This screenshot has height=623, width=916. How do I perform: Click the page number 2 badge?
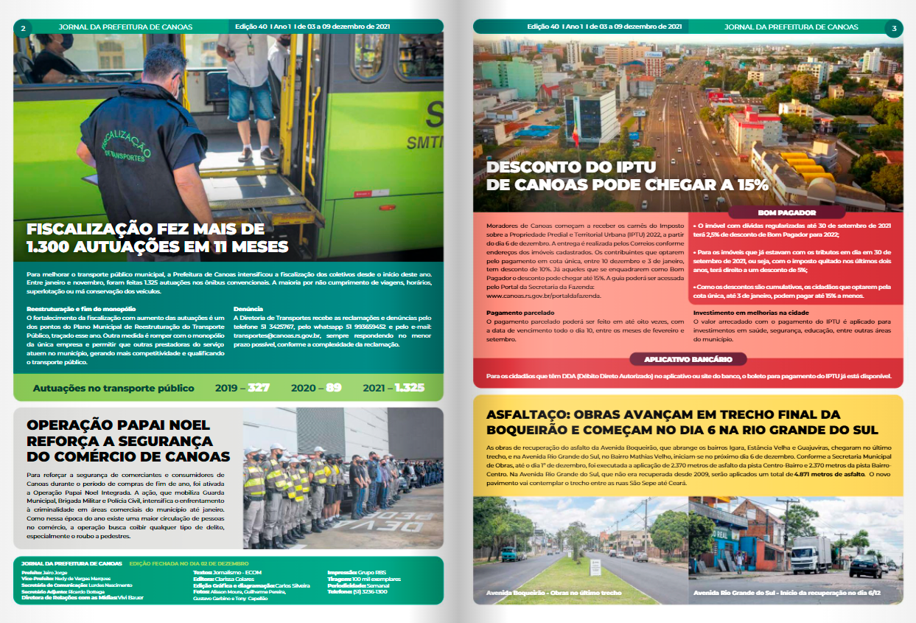23,28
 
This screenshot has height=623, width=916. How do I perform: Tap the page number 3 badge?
894,28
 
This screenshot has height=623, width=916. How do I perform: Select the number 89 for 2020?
334,388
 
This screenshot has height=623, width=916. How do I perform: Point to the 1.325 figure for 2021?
409,388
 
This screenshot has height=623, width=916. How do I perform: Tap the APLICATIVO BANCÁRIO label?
688,359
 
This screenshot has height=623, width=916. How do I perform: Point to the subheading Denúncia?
247,309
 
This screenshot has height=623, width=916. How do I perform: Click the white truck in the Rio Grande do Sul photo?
813,554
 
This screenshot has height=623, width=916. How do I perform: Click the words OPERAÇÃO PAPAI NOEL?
118,425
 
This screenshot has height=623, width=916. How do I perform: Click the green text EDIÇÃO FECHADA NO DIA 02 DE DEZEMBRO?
189,563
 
